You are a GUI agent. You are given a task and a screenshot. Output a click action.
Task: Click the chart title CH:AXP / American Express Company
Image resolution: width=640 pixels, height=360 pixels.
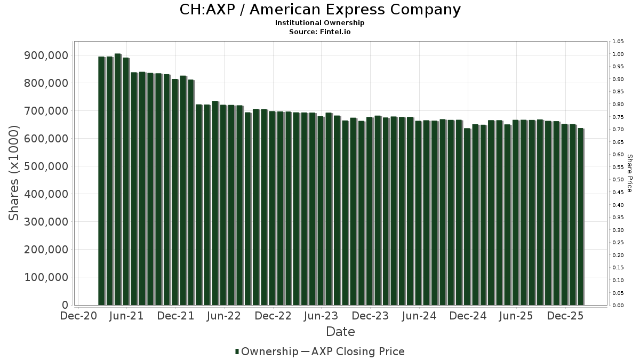(319, 10)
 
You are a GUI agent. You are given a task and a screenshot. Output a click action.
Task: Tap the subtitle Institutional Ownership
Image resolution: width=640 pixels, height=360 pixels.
(319, 23)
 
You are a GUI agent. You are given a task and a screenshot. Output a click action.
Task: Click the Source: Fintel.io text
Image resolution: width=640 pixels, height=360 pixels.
(319, 31)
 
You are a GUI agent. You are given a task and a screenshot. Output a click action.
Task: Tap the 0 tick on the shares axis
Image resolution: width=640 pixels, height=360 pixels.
(65, 305)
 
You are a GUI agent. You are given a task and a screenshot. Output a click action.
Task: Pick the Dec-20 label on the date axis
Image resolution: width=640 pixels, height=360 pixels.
(78, 316)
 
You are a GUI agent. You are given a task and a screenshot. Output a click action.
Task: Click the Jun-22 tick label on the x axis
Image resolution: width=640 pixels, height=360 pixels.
(224, 316)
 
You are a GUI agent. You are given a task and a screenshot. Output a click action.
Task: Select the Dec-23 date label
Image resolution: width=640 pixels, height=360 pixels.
(370, 316)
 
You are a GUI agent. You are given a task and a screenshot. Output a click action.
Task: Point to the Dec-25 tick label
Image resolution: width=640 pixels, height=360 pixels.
(565, 316)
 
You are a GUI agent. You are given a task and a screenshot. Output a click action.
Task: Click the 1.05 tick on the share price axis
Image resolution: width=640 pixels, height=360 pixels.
(618, 42)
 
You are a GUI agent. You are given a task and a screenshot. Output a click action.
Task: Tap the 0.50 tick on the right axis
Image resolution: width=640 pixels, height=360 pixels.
(618, 180)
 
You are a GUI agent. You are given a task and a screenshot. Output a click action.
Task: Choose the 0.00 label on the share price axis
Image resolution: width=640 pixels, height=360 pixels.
(618, 306)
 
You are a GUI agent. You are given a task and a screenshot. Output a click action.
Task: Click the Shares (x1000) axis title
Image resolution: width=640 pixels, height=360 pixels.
(14, 173)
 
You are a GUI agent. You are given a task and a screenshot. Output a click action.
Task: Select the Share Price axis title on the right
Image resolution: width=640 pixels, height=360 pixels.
(629, 173)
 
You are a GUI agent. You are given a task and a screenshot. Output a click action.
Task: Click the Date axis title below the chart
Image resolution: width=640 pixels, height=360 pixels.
(340, 332)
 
